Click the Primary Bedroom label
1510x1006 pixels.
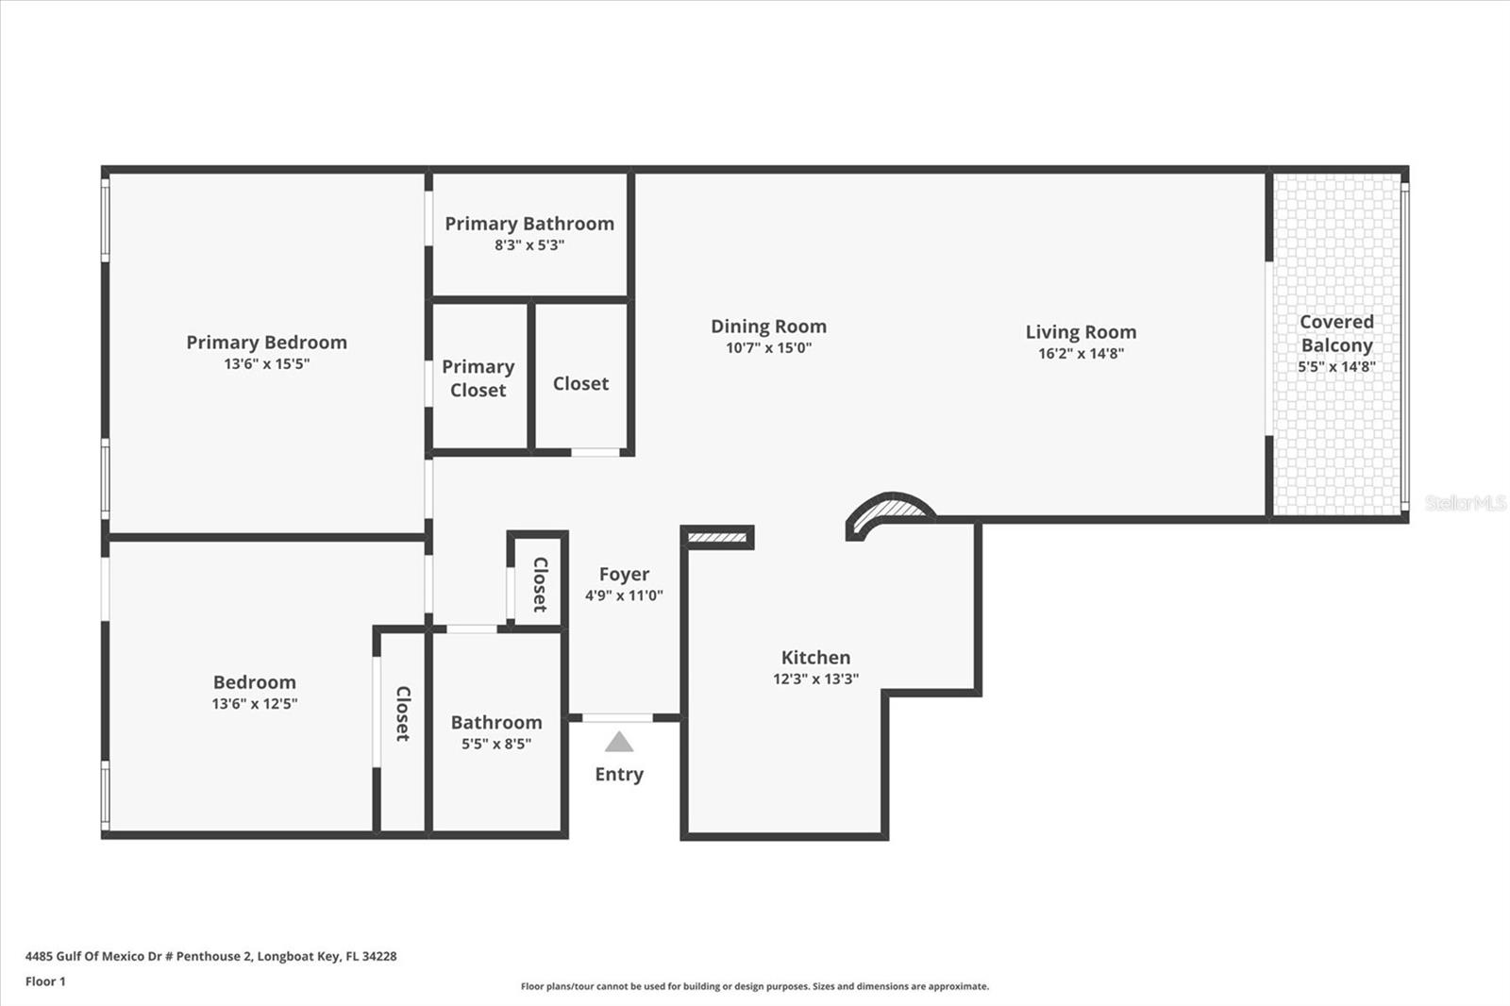point(266,343)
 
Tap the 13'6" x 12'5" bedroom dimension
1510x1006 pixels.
point(254,703)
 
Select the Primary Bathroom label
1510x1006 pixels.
point(529,224)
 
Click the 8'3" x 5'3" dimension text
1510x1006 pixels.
point(529,245)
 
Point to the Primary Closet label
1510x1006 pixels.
point(478,377)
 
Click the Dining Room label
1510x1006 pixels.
point(768,327)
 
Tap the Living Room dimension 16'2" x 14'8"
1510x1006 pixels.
point(1081,354)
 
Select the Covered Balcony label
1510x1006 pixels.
point(1336,333)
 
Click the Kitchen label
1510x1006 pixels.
point(815,658)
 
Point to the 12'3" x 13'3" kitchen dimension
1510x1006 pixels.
point(815,679)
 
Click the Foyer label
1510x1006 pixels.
point(624,574)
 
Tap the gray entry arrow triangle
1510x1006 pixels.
point(619,744)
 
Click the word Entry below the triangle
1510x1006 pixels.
point(619,774)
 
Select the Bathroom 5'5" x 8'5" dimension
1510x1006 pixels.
point(496,744)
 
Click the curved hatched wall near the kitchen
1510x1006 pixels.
point(891,510)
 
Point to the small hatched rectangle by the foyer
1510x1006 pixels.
point(717,538)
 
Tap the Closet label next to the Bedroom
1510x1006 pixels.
point(403,713)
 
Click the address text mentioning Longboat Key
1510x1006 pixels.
point(210,956)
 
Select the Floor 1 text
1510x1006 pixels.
point(45,981)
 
